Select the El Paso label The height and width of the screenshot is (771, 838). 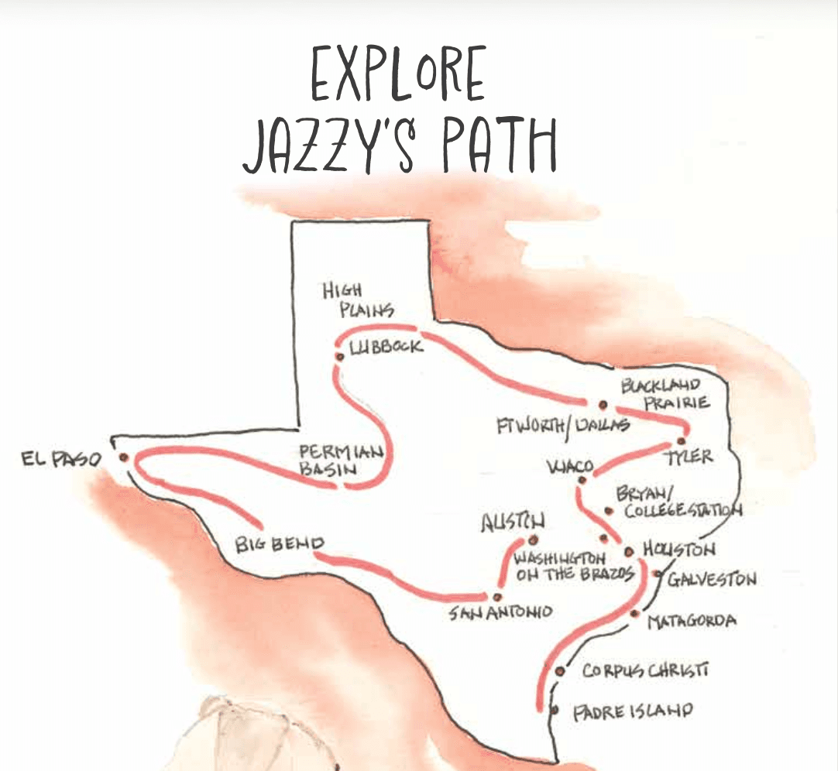point(61,461)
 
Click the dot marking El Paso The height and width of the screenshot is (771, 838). point(123,457)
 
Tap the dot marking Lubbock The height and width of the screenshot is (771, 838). point(339,356)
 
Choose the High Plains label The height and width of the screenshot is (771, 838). point(358,301)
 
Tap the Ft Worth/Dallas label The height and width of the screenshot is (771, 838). point(563,427)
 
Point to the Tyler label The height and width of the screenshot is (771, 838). point(690,457)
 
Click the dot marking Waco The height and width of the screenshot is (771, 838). point(582,480)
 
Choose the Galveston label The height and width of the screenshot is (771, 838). point(712,579)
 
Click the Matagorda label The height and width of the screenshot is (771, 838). point(691,621)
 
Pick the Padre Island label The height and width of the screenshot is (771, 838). point(632,711)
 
